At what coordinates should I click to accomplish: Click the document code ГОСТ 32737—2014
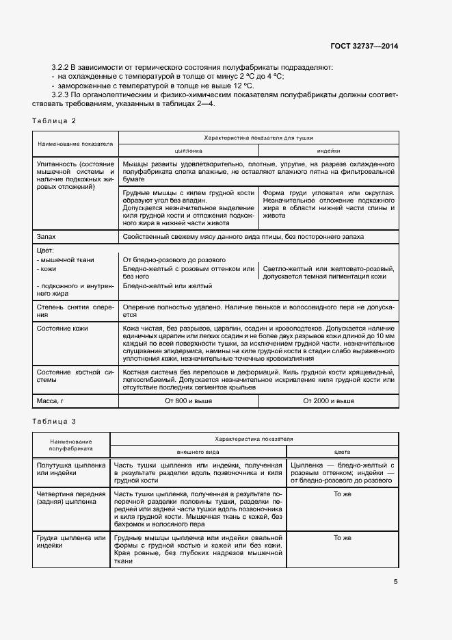point(363,46)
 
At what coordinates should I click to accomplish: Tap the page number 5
point(396,582)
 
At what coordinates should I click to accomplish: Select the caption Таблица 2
point(55,121)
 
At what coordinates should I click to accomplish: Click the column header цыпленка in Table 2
point(189,151)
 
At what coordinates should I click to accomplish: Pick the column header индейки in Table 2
point(328,151)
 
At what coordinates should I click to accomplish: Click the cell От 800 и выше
point(189,400)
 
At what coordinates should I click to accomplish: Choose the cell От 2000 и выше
point(328,400)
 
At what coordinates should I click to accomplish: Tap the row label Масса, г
point(52,400)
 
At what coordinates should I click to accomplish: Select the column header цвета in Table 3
point(342,452)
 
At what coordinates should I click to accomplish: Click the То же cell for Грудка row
point(342,538)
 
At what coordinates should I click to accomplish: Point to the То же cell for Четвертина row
point(342,494)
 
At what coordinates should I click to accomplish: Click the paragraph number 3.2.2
point(64,67)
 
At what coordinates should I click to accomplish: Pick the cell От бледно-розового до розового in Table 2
point(174,260)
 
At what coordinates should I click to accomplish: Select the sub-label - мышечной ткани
point(65,260)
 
